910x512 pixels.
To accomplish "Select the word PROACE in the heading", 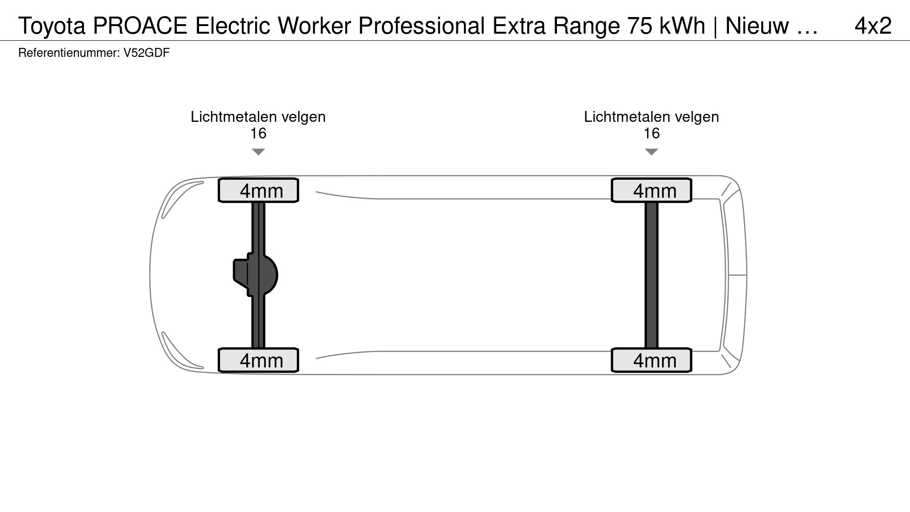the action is (140, 26).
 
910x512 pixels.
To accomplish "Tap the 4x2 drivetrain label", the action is (873, 26).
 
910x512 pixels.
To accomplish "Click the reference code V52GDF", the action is (146, 53).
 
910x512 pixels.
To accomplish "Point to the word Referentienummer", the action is (69, 53).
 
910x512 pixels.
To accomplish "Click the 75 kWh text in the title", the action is (666, 26).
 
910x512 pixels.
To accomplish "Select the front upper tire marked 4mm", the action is (258, 190).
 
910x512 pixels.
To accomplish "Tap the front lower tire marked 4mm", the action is (258, 360).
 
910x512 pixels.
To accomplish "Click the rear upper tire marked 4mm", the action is (652, 190).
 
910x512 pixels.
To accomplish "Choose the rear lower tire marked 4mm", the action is (652, 360).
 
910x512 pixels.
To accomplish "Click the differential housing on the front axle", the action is (256, 275).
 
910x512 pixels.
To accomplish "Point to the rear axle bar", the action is (652, 275).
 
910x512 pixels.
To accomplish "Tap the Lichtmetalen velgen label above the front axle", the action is (258, 117).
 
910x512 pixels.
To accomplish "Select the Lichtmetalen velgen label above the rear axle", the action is (652, 117).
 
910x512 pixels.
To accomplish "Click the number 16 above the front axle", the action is (258, 133).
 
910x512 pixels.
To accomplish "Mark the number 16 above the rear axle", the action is (652, 133).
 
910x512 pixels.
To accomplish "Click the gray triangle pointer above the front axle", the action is (258, 152).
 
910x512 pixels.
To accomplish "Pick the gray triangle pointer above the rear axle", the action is (652, 152).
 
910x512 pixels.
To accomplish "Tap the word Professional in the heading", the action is (422, 26).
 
